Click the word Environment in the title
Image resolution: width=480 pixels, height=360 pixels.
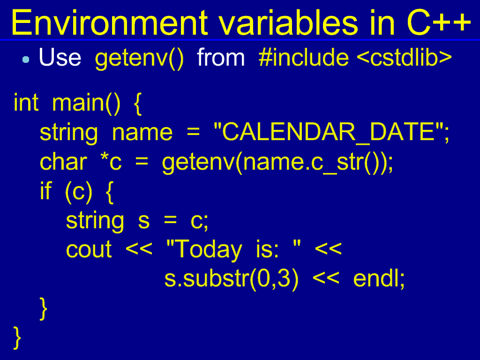(109, 22)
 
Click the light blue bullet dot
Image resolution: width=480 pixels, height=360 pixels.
(26, 60)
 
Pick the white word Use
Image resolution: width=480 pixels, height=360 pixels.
(60, 58)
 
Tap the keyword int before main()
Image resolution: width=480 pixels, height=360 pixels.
(26, 102)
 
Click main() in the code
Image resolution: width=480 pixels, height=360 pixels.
(86, 103)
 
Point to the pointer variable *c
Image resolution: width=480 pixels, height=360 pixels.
(111, 162)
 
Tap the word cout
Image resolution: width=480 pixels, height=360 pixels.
(89, 249)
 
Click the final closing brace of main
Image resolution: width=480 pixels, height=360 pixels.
(17, 338)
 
